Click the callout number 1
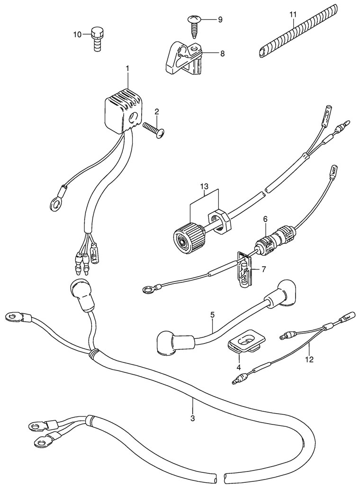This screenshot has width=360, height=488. point(127,70)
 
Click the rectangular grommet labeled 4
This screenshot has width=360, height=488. point(246,341)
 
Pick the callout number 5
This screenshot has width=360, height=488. point(213,315)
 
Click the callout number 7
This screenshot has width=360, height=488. point(264,270)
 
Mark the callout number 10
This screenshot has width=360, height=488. point(77,34)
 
